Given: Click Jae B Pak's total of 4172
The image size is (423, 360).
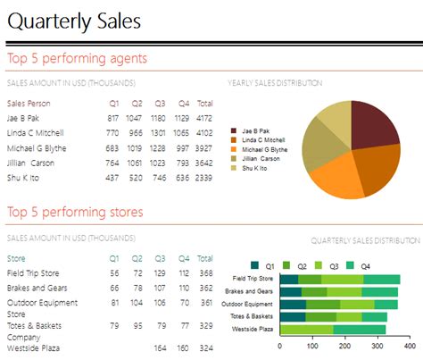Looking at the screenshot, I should click(204, 118).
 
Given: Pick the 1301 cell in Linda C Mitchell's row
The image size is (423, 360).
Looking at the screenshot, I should click(159, 133).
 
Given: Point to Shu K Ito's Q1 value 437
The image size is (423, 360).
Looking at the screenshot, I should click(112, 178).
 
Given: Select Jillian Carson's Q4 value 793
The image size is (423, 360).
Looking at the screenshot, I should click(183, 163).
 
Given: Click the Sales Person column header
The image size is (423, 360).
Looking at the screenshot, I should click(29, 104).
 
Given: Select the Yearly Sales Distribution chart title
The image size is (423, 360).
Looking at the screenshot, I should click(275, 83).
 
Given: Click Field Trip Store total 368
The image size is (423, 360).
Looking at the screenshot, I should click(205, 272).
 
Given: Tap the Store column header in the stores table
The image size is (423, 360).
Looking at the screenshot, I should click(16, 259).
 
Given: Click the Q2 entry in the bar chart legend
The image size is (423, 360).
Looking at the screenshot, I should click(302, 265).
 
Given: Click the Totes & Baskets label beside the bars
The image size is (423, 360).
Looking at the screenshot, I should click(250, 316).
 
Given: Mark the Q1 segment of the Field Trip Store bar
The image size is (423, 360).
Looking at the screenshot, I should click(289, 279).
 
